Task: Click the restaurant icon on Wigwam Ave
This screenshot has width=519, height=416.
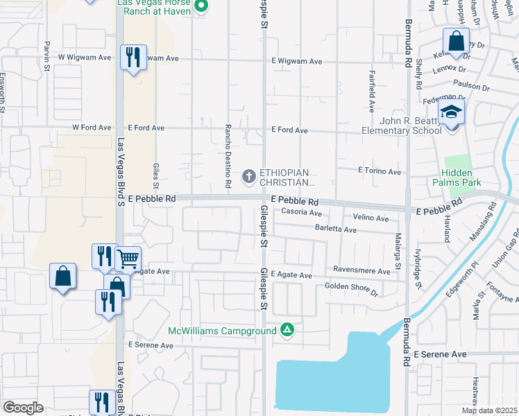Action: pyautogui.click(x=133, y=57)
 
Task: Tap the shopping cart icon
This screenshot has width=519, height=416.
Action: pyautogui.click(x=128, y=259)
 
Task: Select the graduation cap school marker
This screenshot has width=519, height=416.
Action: pyautogui.click(x=451, y=112)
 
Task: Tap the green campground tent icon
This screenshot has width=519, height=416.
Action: pyautogui.click(x=287, y=331)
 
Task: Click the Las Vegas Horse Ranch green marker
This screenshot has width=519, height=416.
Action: pyautogui.click(x=201, y=7)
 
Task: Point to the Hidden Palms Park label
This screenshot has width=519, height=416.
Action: pyautogui.click(x=458, y=178)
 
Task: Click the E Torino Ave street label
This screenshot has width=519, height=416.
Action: pyautogui.click(x=380, y=171)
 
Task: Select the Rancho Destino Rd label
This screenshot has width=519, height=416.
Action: pyautogui.click(x=227, y=157)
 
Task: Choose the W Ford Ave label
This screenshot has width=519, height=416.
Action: pyautogui.click(x=92, y=128)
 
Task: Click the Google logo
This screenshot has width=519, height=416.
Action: pyautogui.click(x=23, y=408)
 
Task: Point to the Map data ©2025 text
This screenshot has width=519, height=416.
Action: pyautogui.click(x=488, y=410)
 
